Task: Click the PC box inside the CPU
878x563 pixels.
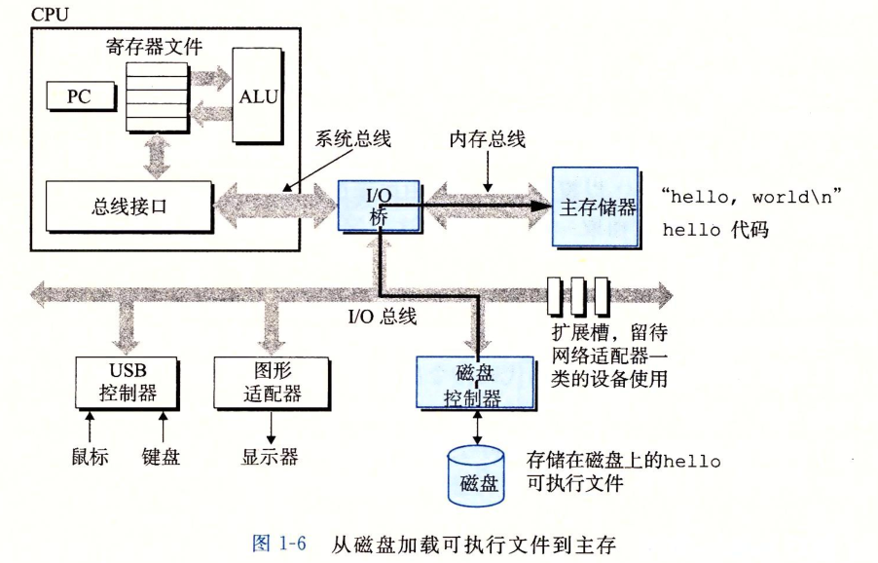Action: tap(78, 97)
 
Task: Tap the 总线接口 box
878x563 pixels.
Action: tap(128, 206)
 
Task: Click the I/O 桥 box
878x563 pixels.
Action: tap(379, 205)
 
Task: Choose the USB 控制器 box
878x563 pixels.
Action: tap(128, 382)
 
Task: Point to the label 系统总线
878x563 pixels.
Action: tap(352, 139)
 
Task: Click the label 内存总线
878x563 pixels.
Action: tap(487, 139)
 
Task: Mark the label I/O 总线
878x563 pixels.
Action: tap(383, 317)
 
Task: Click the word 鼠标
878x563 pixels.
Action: tap(89, 456)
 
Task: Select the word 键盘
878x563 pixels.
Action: tap(161, 456)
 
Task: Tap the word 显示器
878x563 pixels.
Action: tap(270, 457)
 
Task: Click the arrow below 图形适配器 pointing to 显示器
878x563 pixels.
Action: tap(271, 428)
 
